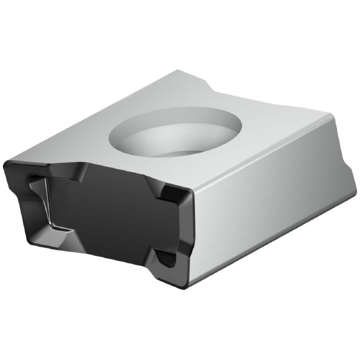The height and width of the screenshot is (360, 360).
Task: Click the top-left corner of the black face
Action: click(x=7, y=163)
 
